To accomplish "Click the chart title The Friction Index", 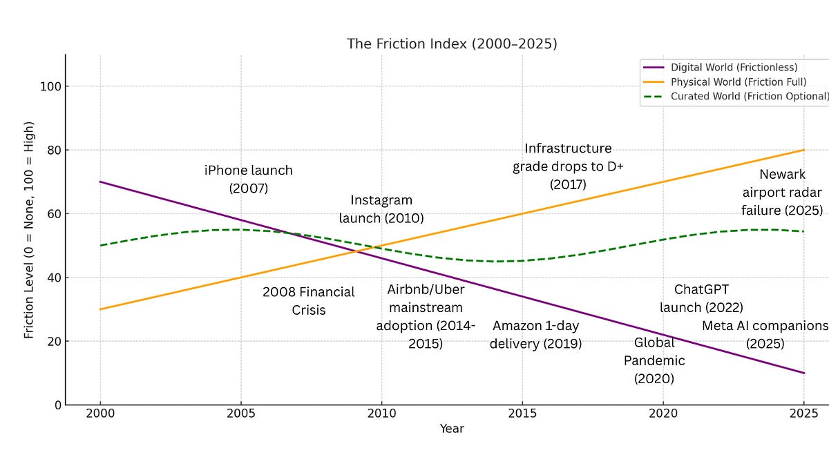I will point(452,43).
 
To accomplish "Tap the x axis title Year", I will point(452,429).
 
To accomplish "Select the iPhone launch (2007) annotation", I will point(249,179).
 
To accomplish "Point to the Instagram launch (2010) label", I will point(381,209).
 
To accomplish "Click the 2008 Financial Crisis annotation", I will point(308,300).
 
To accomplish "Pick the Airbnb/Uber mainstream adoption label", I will point(425,316).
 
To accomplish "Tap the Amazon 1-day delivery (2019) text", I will point(535,335).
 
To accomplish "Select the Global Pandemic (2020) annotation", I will point(654,360).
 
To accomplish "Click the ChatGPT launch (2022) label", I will point(701,298).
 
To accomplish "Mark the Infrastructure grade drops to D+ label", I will point(568,166).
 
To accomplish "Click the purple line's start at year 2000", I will point(101,182).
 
